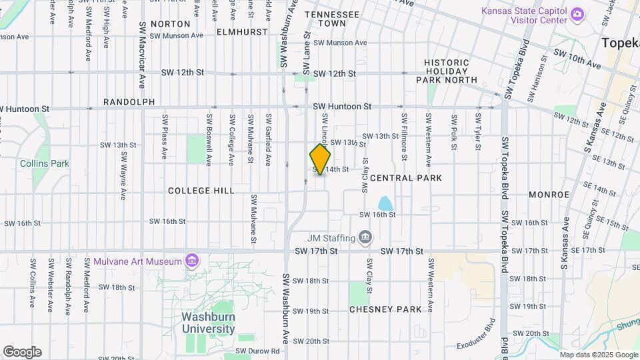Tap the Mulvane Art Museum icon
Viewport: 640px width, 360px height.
(192, 259)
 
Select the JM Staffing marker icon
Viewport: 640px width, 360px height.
(365, 237)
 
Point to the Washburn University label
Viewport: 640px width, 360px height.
(209, 323)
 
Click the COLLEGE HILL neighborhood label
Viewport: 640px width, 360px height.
(201, 191)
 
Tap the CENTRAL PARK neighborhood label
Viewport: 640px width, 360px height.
(406, 178)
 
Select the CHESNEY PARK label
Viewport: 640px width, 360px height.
(385, 309)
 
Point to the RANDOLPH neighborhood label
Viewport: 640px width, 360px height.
(129, 102)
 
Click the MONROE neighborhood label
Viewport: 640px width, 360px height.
(549, 195)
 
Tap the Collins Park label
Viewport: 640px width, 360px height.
(45, 163)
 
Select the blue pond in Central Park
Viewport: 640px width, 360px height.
(385, 203)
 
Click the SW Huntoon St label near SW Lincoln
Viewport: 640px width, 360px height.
(342, 107)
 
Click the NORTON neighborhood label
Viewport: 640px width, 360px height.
(170, 24)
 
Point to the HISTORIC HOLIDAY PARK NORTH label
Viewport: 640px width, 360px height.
(447, 71)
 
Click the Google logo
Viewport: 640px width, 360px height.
(22, 352)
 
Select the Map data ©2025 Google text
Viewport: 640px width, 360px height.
(598, 355)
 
